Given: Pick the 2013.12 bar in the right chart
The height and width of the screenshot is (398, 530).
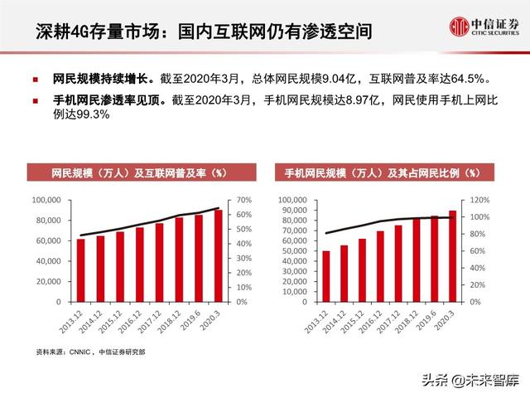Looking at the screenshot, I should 325,276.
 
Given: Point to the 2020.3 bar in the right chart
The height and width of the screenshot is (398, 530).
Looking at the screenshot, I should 452,256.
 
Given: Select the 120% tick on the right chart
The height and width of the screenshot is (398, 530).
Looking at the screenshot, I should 482,200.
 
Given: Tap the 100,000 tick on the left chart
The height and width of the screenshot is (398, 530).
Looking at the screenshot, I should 47,200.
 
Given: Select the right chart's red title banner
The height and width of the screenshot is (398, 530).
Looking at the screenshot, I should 382,173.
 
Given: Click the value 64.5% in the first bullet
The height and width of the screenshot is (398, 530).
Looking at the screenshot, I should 470,80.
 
